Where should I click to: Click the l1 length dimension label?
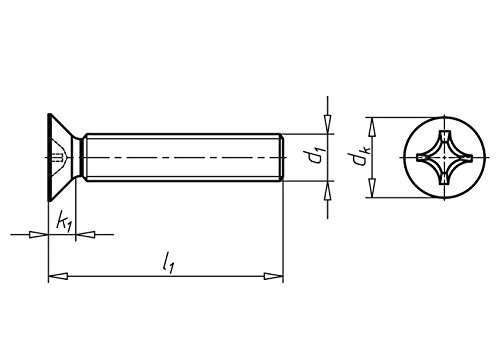click(x=168, y=263)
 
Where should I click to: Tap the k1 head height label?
click(x=64, y=221)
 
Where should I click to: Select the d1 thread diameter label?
click(x=315, y=157)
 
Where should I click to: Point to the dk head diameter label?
click(x=360, y=157)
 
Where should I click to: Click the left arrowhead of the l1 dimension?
click(x=58, y=276)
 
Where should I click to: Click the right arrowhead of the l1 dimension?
click(x=274, y=276)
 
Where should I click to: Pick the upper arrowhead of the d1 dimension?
click(x=328, y=124)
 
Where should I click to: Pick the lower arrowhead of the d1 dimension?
click(x=328, y=191)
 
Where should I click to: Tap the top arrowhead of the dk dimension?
click(x=372, y=127)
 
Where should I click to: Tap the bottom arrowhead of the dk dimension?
click(x=372, y=188)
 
